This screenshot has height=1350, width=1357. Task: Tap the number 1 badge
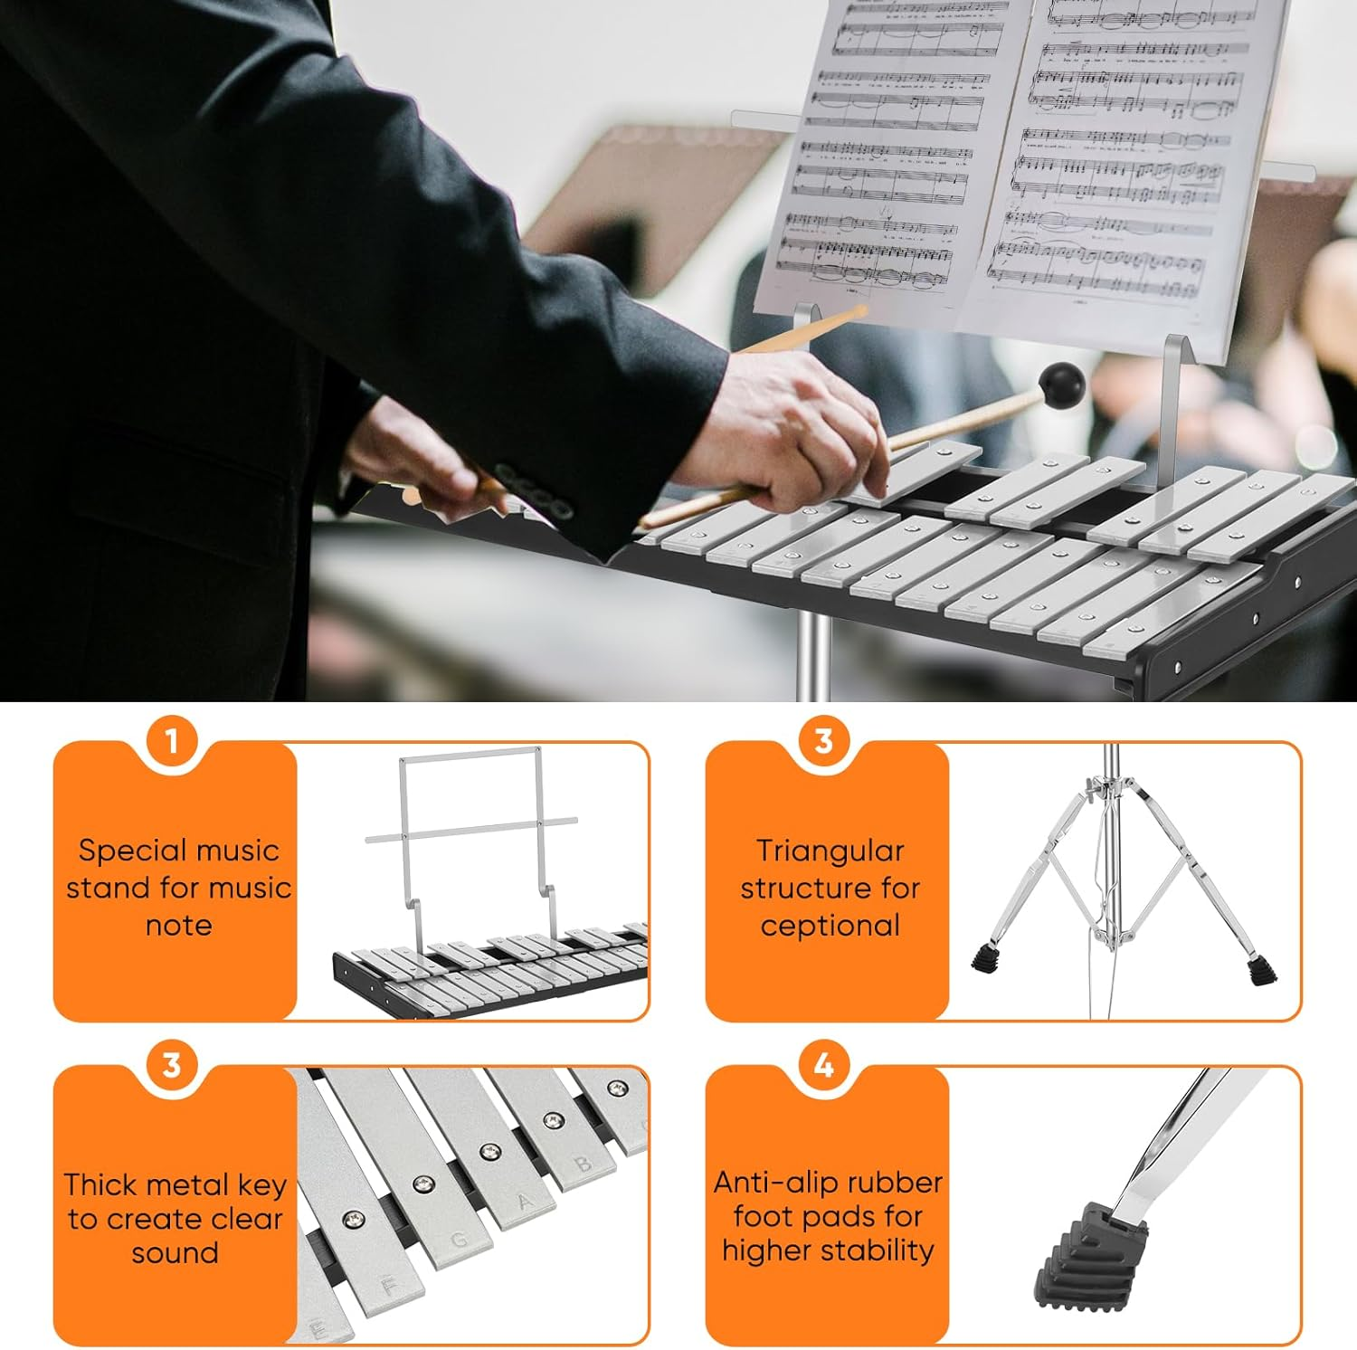[x=172, y=742]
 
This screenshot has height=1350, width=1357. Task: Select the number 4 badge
[x=823, y=1066]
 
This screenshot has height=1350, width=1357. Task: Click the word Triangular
[x=830, y=851]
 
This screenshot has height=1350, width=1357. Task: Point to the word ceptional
[x=830, y=926]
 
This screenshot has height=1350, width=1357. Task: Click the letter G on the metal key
[x=460, y=1240]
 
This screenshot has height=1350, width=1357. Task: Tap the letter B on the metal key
[x=584, y=1164]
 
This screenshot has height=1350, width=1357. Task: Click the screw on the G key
[x=422, y=1184]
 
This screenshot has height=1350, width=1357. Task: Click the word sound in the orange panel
[x=175, y=1253]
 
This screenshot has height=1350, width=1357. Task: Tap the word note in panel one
[x=178, y=926]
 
